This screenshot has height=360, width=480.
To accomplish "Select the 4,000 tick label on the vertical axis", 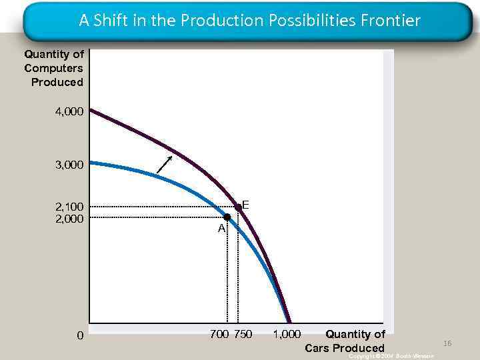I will point(70,112).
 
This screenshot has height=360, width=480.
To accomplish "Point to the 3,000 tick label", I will point(70,164).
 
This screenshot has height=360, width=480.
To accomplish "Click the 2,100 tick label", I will point(70,207).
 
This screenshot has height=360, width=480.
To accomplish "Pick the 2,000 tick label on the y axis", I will point(70,218).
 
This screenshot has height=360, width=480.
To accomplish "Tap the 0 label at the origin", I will point(80,335).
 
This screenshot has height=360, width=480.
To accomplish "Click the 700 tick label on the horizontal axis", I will point(219,334).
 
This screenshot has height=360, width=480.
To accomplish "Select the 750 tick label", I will point(243,334).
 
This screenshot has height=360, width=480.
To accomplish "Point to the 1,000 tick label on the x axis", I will point(287,334).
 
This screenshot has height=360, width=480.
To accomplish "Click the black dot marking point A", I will point(227,217).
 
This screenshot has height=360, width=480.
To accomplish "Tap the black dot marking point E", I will point(238,207).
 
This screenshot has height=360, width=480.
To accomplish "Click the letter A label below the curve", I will point(221,229).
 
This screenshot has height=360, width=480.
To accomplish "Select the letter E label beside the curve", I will point(245,205).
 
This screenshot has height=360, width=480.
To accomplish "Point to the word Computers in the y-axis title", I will point(54,68).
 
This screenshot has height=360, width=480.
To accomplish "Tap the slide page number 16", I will point(447,343).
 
